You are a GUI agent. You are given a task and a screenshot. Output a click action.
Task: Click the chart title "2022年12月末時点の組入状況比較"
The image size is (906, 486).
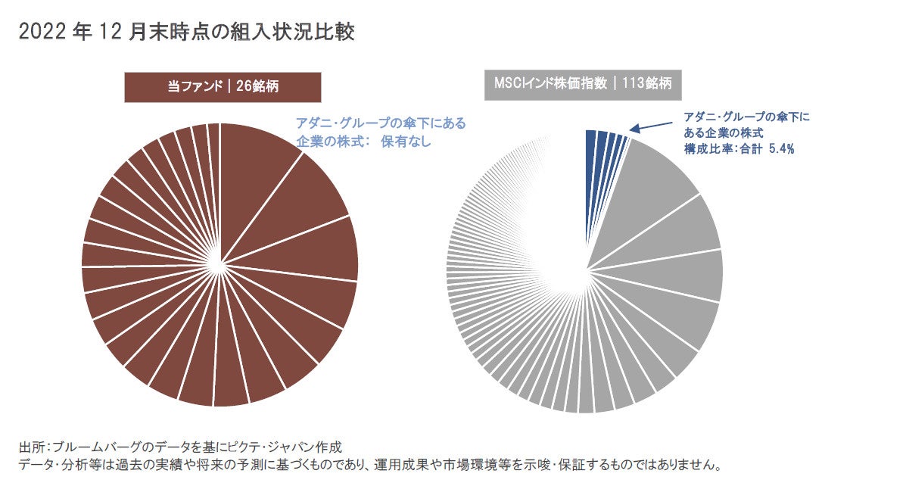point(186,32)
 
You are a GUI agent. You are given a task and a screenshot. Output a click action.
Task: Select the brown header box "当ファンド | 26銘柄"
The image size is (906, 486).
point(223,86)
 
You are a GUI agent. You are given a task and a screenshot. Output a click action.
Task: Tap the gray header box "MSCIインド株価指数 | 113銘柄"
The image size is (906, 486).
point(583,84)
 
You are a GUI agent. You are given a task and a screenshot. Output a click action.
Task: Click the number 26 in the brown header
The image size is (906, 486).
point(244,86)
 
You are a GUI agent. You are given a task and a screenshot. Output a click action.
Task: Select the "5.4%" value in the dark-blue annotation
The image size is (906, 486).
point(781,149)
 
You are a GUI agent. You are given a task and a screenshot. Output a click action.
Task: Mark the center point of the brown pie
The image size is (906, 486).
point(219,265)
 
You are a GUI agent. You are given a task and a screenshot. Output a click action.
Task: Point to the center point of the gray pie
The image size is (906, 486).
point(586,269)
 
